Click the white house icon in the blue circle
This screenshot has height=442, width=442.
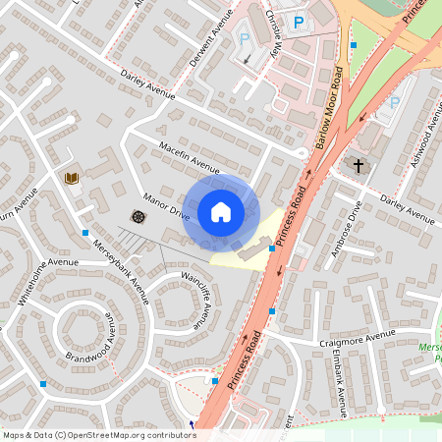pyautogui.click(x=221, y=212)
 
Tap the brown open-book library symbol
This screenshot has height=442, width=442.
pyautogui.click(x=70, y=178)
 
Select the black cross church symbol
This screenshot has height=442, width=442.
pyautogui.click(x=358, y=166)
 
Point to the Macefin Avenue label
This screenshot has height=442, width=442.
pyautogui.click(x=190, y=155)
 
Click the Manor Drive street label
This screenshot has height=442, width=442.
pyautogui.click(x=166, y=203)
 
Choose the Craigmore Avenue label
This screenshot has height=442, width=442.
pyautogui.click(x=357, y=338)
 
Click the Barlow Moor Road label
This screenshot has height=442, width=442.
pyautogui.click(x=329, y=108)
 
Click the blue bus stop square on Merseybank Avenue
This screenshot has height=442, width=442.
pyautogui.click(x=84, y=233)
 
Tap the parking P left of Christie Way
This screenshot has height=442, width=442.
pyautogui.click(x=246, y=39)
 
